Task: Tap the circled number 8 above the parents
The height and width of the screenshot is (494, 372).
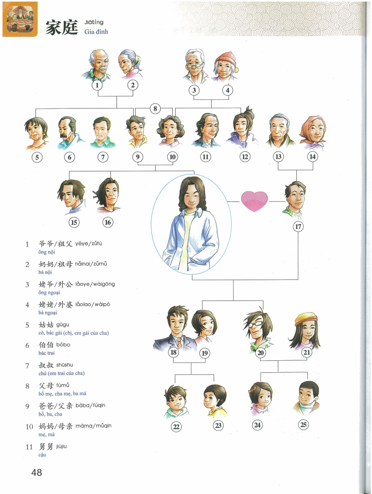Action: [x=155, y=109]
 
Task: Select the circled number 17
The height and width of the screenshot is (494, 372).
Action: [x=298, y=226]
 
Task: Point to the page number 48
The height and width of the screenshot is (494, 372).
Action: [x=37, y=472]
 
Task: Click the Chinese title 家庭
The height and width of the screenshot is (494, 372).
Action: [x=62, y=27]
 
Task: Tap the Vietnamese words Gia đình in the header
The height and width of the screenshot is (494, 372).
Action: [x=96, y=32]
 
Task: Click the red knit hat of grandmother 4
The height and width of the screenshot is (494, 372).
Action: [x=225, y=59]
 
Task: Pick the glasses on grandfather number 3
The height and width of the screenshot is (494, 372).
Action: [x=194, y=65]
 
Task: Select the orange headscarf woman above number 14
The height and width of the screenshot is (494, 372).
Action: [x=313, y=132]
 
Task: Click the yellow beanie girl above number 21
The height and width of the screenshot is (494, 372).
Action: [x=305, y=331]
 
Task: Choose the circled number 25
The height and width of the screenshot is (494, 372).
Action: [x=303, y=424]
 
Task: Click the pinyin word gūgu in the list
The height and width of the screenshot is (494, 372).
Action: [x=63, y=325]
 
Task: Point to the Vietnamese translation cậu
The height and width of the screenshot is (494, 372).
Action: [x=42, y=455]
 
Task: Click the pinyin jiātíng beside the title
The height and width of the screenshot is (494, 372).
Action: [x=94, y=22]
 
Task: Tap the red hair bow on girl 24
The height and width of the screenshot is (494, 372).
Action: [x=251, y=390]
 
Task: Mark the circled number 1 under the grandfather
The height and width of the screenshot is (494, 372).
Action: [x=97, y=85]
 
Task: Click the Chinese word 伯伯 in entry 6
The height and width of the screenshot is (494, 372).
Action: [x=46, y=344]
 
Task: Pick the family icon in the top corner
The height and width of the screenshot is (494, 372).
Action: [x=20, y=19]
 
